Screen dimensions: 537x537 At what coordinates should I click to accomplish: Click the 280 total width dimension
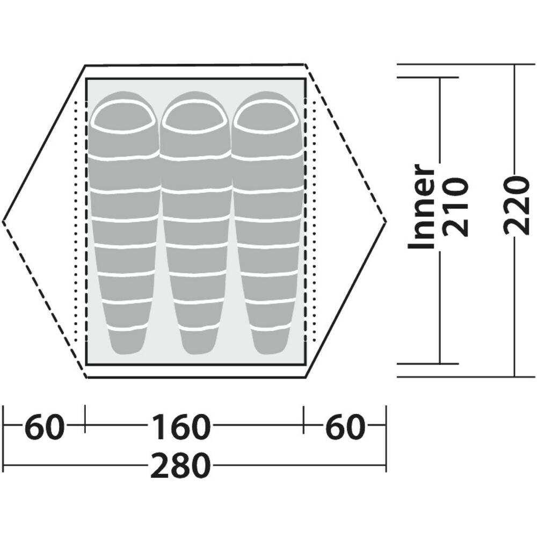pos(180,465)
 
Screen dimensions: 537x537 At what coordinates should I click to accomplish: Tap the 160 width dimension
pos(180,427)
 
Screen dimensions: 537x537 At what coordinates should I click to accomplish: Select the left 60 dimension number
pos(45,427)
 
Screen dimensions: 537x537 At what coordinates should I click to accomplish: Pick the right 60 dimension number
pos(344,427)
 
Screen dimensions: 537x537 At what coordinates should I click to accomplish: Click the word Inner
pos(421,206)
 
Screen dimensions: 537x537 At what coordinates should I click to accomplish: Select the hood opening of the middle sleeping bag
pos(194,117)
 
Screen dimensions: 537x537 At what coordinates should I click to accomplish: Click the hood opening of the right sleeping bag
pos(266,117)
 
